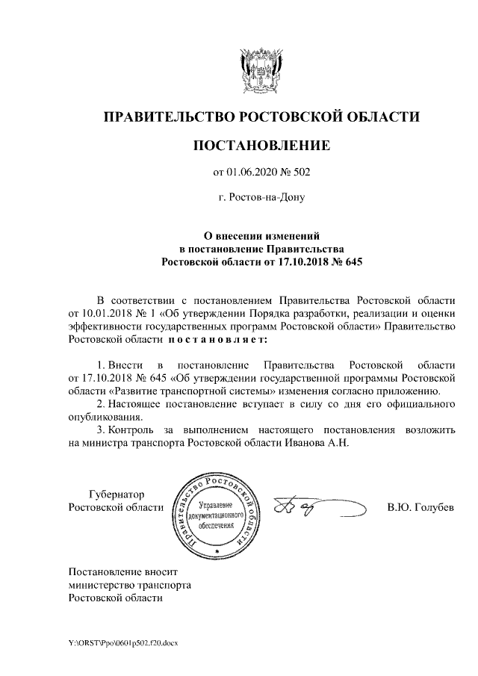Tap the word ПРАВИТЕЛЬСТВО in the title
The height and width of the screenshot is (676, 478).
coord(169,117)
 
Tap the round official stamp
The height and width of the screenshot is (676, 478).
coord(215,515)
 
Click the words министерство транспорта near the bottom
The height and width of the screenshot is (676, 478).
coord(129,586)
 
